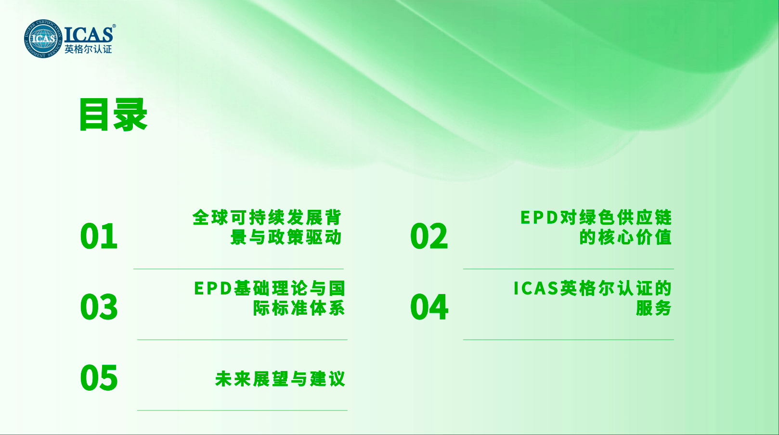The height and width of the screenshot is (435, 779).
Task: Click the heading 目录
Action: tap(113, 115)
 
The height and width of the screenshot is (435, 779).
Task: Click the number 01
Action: tap(99, 236)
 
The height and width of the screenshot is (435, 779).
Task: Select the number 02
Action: tap(429, 236)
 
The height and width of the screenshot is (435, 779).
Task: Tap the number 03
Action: tap(99, 307)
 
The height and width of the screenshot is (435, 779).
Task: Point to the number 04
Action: tap(429, 307)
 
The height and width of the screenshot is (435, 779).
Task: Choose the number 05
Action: tap(99, 378)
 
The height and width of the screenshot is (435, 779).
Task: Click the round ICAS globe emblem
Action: tap(43, 38)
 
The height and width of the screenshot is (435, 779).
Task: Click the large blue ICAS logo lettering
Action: tap(88, 34)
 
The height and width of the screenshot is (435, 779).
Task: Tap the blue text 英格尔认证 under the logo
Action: tap(88, 49)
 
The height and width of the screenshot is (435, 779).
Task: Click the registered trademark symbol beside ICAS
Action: tap(114, 26)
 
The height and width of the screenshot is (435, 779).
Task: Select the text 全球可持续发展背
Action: tap(267, 217)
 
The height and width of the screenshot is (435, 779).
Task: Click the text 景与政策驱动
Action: tap(286, 237)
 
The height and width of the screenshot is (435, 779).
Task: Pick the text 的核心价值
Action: tap(625, 237)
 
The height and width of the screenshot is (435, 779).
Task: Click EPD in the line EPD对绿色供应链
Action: tap(539, 218)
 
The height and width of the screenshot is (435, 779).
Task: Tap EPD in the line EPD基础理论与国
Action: tap(213, 288)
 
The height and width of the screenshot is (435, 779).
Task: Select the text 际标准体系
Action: tap(299, 308)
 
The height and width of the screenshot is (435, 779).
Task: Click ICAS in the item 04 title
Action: tap(536, 288)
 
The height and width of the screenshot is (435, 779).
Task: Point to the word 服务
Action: tap(653, 308)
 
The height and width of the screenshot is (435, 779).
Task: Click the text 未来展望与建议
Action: tap(280, 379)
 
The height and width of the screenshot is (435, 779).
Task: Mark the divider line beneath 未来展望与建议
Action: tap(242, 410)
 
